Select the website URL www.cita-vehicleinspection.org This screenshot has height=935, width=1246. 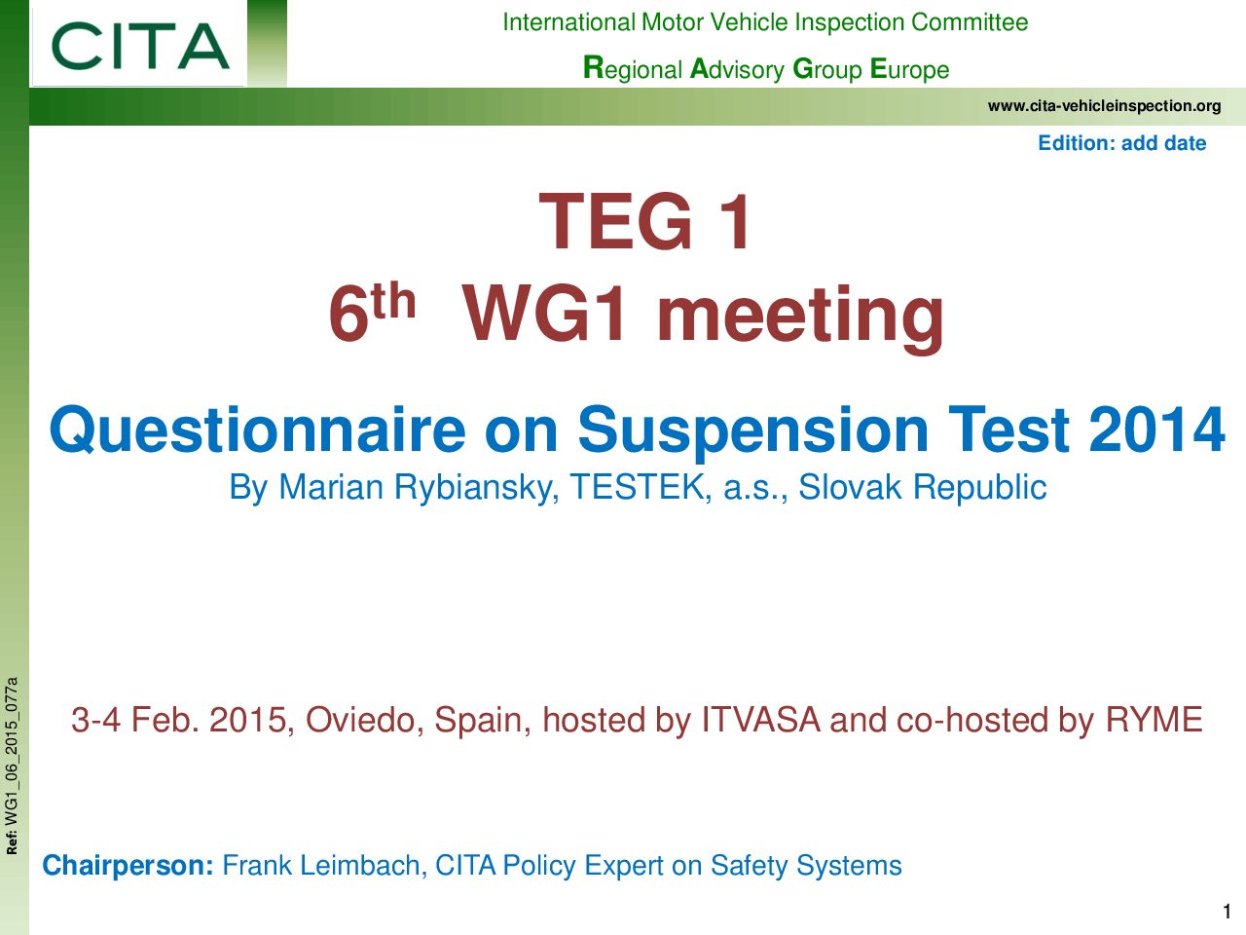[1104, 105]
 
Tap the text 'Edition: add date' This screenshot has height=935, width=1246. [1121, 142]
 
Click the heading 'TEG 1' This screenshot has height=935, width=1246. [645, 221]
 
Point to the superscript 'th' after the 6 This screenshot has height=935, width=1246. [394, 301]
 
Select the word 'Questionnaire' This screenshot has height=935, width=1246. [258, 430]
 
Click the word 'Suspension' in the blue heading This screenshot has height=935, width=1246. [752, 430]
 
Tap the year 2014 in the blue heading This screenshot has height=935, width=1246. [1156, 430]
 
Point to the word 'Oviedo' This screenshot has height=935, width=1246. [364, 720]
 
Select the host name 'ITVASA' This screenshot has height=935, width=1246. [760, 720]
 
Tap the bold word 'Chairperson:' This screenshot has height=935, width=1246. [128, 866]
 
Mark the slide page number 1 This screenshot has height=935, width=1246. [1227, 912]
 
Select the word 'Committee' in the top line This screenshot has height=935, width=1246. [970, 22]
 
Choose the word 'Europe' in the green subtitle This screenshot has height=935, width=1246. [909, 69]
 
